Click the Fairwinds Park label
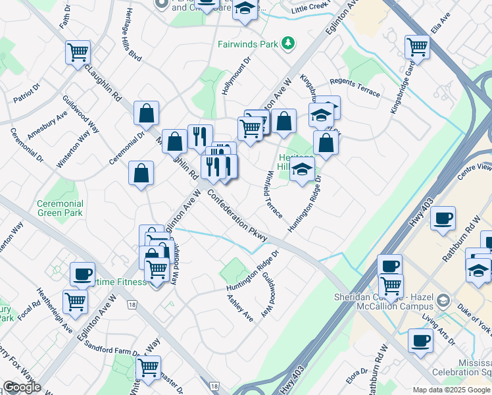tap(248, 45)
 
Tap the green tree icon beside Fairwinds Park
tap(287, 44)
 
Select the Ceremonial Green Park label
tap(60, 208)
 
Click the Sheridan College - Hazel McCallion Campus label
tap(387, 302)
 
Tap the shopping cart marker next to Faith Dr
tap(78, 51)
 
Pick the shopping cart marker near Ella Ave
tap(417, 47)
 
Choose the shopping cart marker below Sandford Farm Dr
tap(149, 367)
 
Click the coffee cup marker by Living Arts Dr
tap(420, 340)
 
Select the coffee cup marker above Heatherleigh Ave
tap(82, 273)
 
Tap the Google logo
tap(21, 387)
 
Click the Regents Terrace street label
tap(355, 86)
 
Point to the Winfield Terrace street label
tap(274, 196)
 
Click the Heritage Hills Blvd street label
tap(129, 38)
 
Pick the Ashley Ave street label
tap(240, 307)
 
